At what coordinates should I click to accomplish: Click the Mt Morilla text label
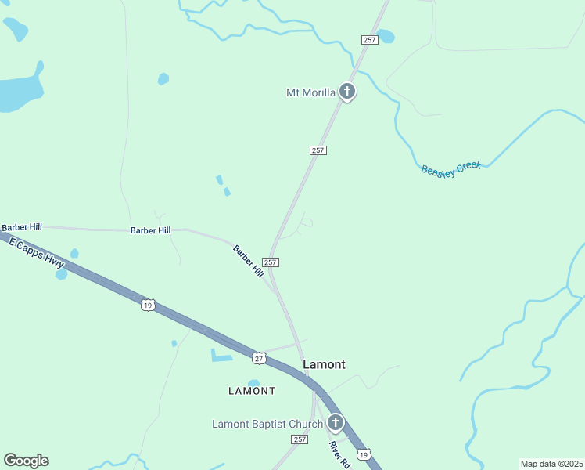pyautogui.click(x=310, y=92)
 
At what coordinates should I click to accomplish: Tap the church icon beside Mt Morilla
pyautogui.click(x=347, y=92)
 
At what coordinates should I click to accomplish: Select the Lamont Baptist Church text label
pyautogui.click(x=267, y=425)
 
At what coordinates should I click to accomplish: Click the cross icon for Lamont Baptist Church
pyautogui.click(x=335, y=424)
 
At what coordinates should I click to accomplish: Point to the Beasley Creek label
pyautogui.click(x=451, y=169)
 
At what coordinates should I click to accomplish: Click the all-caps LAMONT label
pyautogui.click(x=252, y=391)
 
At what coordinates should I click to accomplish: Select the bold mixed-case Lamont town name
pyautogui.click(x=324, y=364)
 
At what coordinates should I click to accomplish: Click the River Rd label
pyautogui.click(x=338, y=455)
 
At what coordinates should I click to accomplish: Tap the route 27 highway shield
pyautogui.click(x=259, y=358)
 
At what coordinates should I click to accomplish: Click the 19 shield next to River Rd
pyautogui.click(x=363, y=454)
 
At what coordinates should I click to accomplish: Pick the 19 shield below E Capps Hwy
pyautogui.click(x=148, y=305)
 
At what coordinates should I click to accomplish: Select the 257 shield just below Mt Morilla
pyautogui.click(x=318, y=150)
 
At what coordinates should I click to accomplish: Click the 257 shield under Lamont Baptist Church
pyautogui.click(x=300, y=440)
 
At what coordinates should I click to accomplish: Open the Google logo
pyautogui.click(x=26, y=461)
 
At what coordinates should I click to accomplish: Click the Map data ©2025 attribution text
pyautogui.click(x=551, y=464)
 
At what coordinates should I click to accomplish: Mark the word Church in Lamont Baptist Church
pyautogui.click(x=304, y=425)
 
